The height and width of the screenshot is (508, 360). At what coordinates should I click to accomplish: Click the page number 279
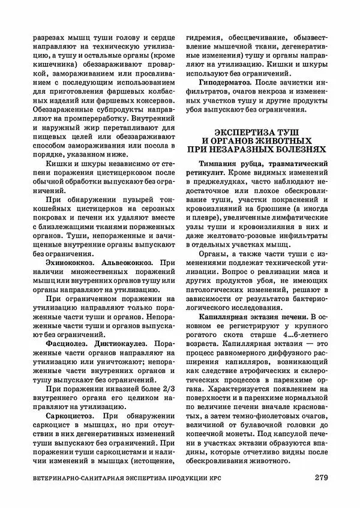[320, 478]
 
